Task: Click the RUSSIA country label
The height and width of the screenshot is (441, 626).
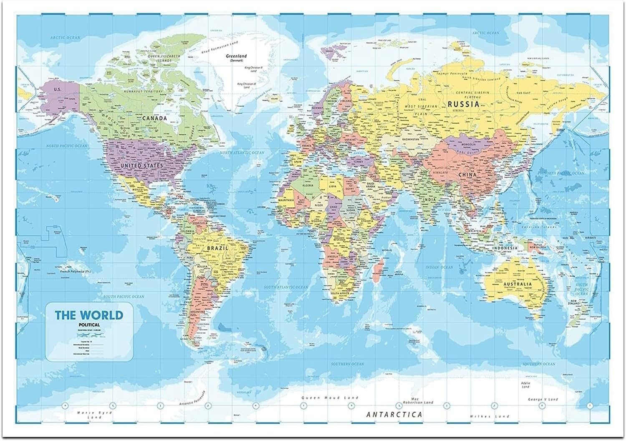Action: pos(463,105)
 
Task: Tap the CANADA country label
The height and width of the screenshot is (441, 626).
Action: pos(154,118)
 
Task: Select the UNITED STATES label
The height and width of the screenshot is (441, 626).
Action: pos(141,166)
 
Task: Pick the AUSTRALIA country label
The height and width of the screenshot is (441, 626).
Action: pos(517,284)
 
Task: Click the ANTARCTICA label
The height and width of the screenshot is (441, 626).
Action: pos(394,415)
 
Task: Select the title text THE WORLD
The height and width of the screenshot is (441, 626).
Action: pos(89,315)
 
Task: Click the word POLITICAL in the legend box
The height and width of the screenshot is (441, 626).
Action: pos(89,324)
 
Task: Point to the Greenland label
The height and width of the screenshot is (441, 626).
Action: pos(236,56)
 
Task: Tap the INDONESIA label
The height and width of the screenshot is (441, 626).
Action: pos(504,248)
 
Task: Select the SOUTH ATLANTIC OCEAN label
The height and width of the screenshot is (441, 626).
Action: pos(286,287)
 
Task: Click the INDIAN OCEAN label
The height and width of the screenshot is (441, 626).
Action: pos(439,267)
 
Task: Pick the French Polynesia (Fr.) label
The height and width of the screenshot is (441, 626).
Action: pos(75,272)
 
